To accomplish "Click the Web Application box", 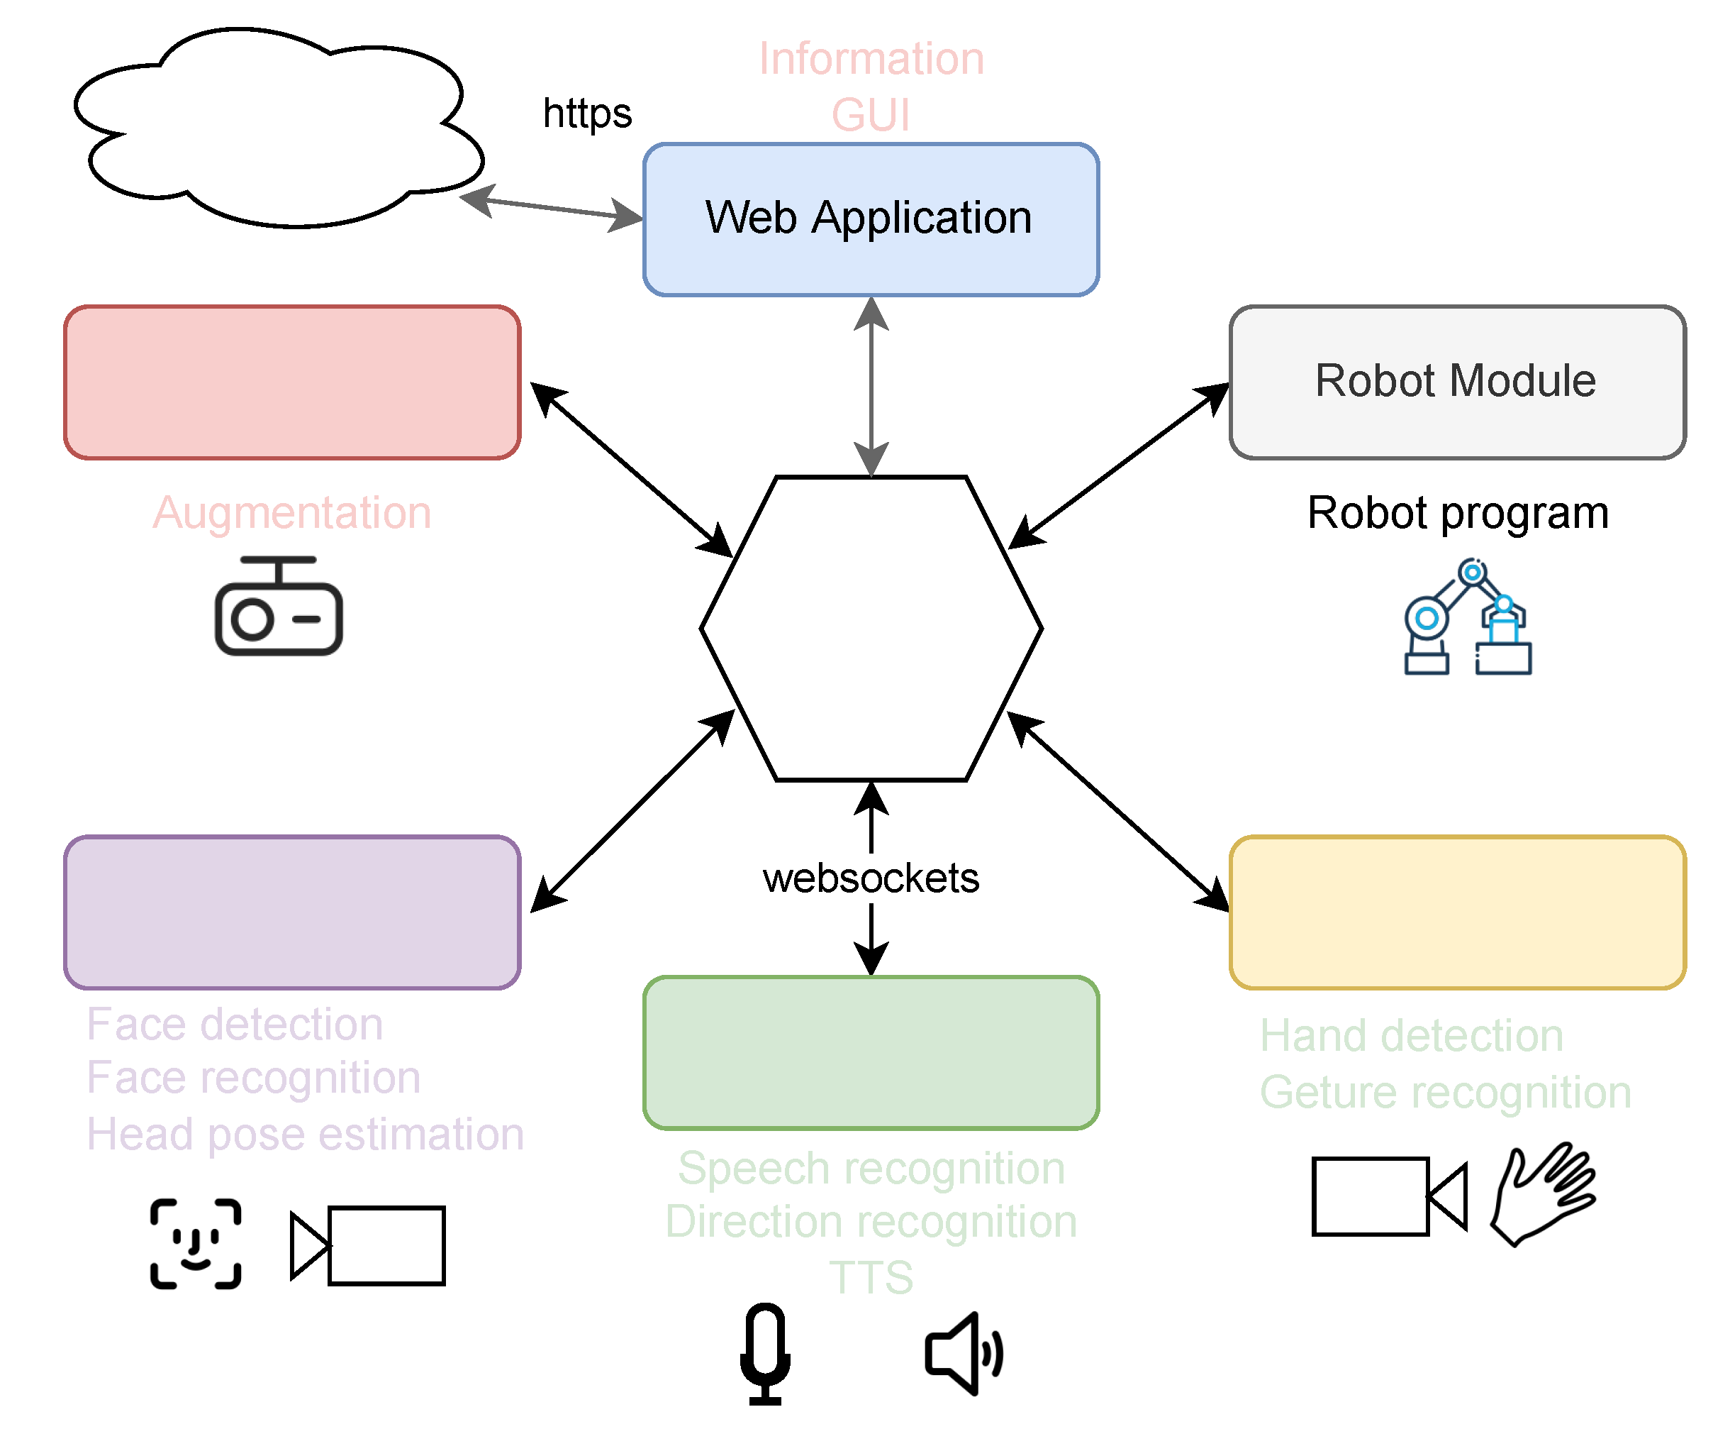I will [x=871, y=219].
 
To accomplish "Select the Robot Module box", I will [x=1457, y=381].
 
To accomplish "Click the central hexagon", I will [x=871, y=629].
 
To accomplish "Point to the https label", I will [x=587, y=113].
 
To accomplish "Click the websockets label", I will [x=871, y=878].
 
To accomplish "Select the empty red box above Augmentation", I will [x=292, y=382].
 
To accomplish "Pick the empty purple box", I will [x=292, y=912].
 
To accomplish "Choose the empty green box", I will [x=871, y=1052].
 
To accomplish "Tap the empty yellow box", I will [x=1457, y=912].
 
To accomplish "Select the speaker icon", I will [x=963, y=1354].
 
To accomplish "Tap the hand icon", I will [x=1541, y=1194].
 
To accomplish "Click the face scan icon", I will [x=196, y=1243].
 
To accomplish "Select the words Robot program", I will [x=1457, y=512].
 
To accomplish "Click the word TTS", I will [x=871, y=1277].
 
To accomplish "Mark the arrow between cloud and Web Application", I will [x=552, y=208].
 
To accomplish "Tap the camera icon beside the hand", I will [x=1388, y=1196].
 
